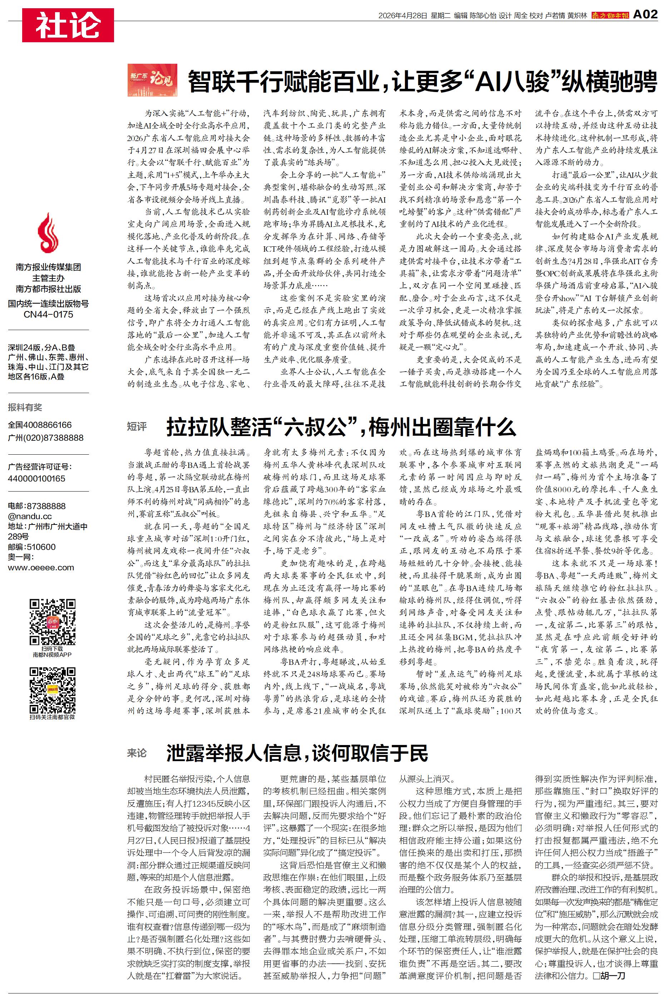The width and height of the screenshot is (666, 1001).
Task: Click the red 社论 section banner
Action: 68,25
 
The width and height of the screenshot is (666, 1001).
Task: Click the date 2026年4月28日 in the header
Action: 402,16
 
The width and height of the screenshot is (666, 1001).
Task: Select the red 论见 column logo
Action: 152,79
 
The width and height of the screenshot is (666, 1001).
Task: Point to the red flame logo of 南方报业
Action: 48,233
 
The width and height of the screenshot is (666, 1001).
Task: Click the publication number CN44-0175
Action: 48,315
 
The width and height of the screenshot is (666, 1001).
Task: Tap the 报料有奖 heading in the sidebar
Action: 25,407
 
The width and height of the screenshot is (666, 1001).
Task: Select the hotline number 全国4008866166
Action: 40,425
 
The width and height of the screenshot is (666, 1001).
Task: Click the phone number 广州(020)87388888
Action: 45,437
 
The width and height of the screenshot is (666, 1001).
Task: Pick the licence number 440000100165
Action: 36,478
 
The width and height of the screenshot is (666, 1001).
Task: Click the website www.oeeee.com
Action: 41,567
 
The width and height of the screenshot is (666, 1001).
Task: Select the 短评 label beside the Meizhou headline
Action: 137,426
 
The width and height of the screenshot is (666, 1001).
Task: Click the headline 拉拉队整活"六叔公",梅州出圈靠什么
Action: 341,427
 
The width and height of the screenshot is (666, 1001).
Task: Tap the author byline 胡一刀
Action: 611,976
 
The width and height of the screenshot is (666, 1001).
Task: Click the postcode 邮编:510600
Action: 31,547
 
